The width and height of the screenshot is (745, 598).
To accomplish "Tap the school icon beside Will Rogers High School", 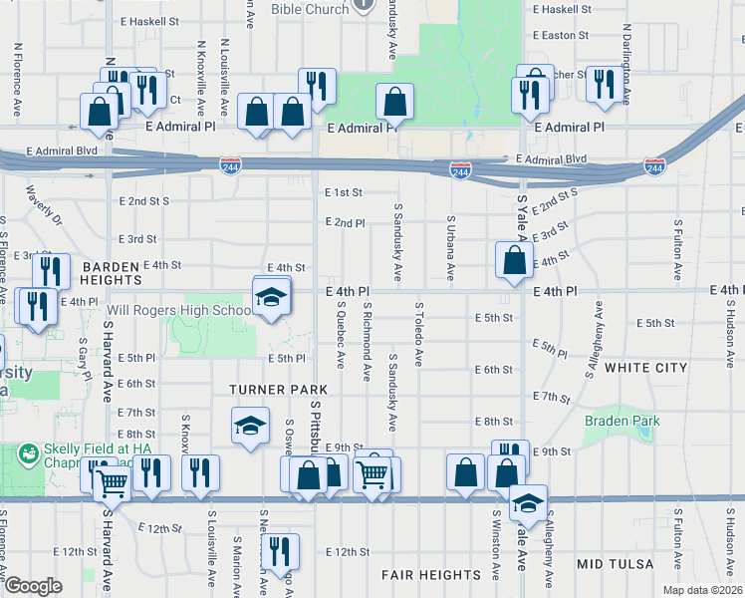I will coord(270,298).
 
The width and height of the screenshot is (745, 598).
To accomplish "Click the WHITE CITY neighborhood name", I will coord(646,368).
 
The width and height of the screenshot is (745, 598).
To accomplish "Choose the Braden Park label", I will coord(622,422).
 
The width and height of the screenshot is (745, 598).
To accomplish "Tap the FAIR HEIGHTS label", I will coord(431,575).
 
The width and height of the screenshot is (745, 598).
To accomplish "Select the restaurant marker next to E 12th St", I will coord(278,549).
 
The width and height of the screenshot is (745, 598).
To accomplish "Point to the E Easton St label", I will coord(562,34).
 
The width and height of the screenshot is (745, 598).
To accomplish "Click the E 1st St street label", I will coord(343,192).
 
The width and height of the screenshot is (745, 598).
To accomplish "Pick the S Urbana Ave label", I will coord(450,247).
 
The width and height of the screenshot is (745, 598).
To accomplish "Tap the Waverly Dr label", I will coord(44,204).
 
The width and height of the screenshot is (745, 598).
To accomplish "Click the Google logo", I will coord(34,586).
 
